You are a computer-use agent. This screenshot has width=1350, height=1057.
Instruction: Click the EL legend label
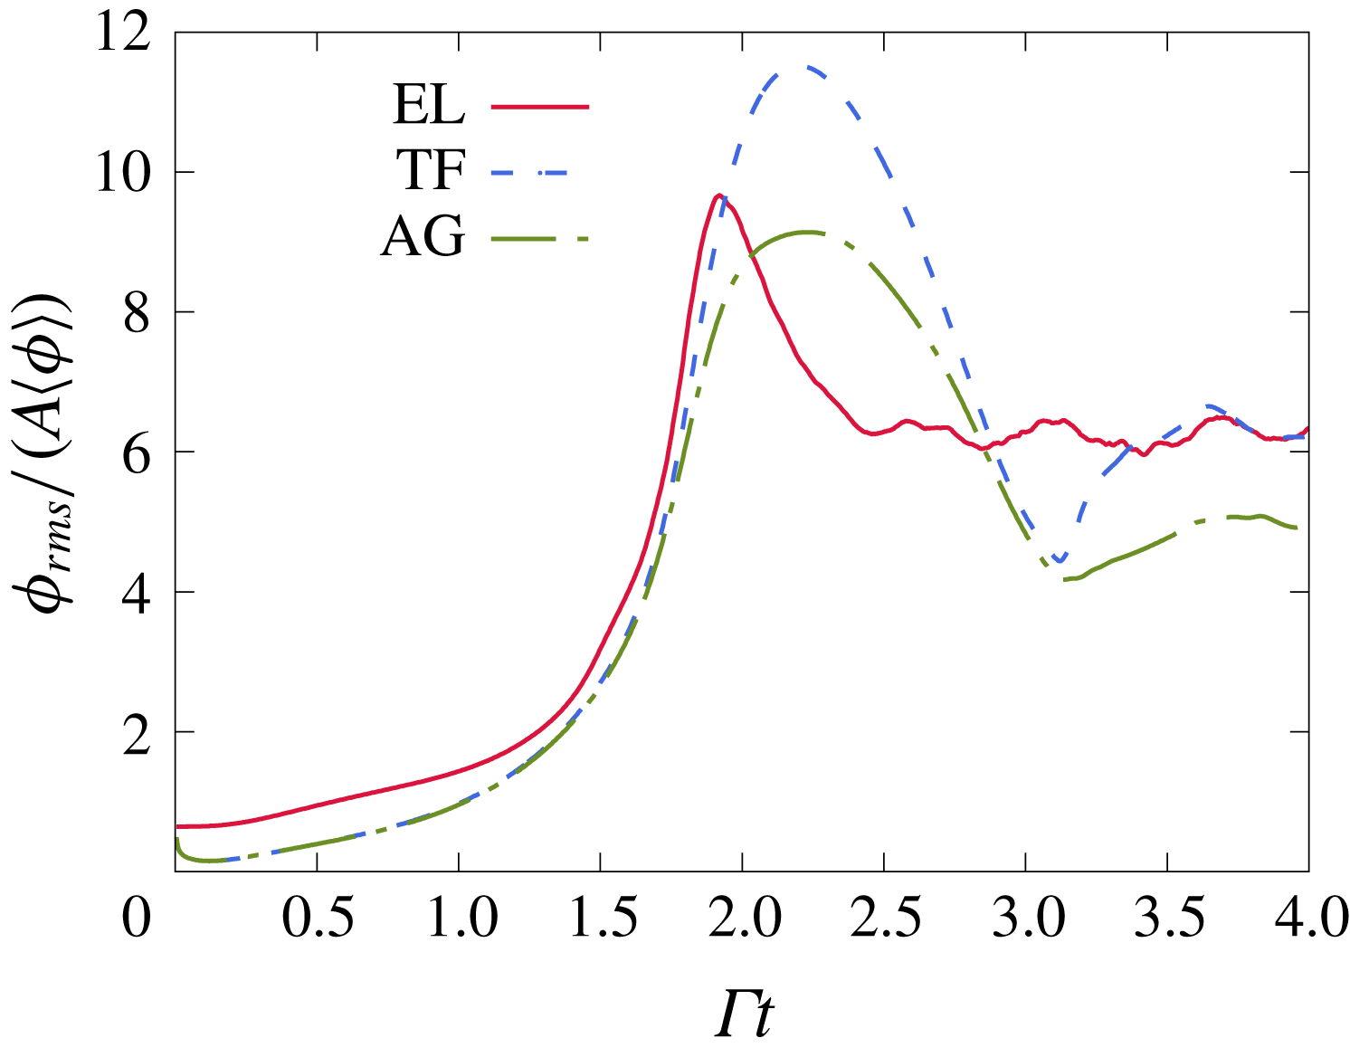(x=428, y=105)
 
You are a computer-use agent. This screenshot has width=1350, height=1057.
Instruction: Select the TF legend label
(x=431, y=169)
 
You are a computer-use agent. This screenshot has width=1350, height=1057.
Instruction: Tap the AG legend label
(x=423, y=237)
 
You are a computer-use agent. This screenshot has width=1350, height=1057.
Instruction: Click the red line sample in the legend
(x=540, y=106)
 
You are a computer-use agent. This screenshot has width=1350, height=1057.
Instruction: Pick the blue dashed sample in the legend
(x=530, y=171)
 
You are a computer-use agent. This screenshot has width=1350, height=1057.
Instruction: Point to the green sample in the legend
(x=540, y=239)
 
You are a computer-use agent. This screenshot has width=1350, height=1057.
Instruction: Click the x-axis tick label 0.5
(x=317, y=919)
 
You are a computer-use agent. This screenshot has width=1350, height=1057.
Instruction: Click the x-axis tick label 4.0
(x=1310, y=919)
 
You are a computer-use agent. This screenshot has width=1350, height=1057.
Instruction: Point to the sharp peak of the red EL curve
(x=718, y=195)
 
